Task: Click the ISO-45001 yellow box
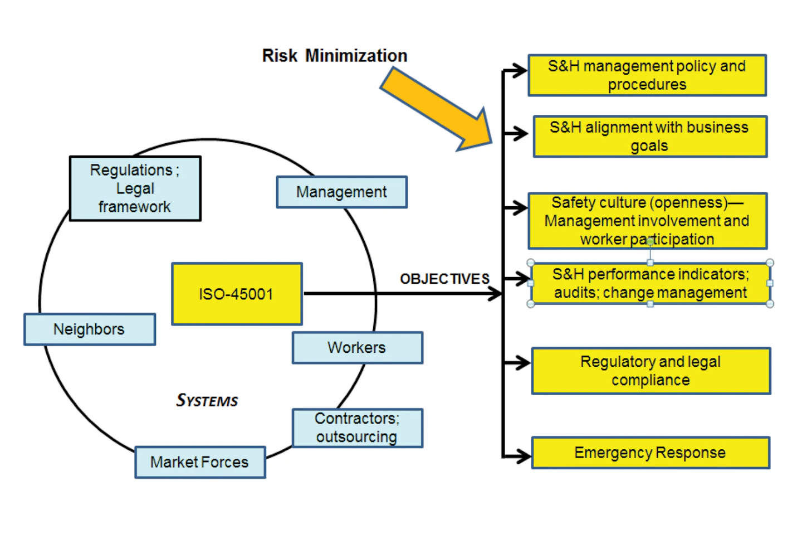(x=237, y=294)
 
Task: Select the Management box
(x=341, y=192)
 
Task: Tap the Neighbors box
(x=89, y=329)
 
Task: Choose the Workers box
(x=357, y=348)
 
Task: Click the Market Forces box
(x=200, y=462)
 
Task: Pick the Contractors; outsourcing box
(x=357, y=428)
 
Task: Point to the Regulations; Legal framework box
(x=135, y=188)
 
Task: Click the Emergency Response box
(x=651, y=453)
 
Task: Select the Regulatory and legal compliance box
(x=651, y=371)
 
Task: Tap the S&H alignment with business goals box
(x=649, y=137)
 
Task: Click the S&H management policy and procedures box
(x=647, y=75)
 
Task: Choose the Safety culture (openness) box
(x=647, y=221)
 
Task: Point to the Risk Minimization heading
(x=335, y=56)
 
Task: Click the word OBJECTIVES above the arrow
(x=444, y=279)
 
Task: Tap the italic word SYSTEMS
(x=207, y=401)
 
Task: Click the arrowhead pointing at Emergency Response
(x=522, y=457)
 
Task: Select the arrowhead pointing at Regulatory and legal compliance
(x=522, y=363)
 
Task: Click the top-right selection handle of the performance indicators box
(x=770, y=263)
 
